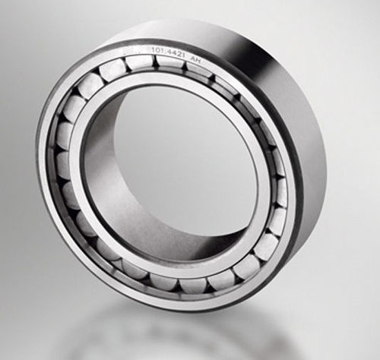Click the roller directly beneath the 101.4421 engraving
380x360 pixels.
click(x=169, y=65)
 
